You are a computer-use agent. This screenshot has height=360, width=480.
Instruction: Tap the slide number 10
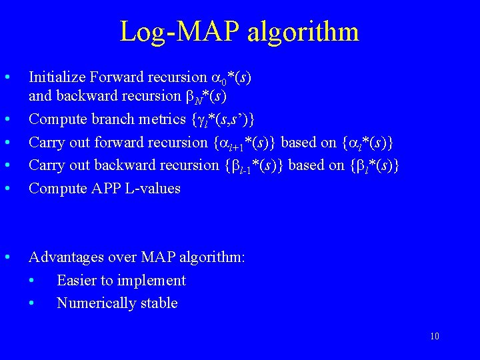click(x=435, y=336)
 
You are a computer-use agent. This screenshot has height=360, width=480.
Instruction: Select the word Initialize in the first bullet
click(x=55, y=77)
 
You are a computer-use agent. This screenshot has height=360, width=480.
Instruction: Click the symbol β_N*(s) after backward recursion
click(x=205, y=96)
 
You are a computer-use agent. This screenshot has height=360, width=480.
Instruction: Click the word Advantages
click(x=65, y=257)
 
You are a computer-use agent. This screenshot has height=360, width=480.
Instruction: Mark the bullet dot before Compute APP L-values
click(x=7, y=188)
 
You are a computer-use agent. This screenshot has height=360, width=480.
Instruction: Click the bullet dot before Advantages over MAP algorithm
click(x=7, y=257)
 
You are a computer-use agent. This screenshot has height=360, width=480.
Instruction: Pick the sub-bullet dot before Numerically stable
click(x=33, y=303)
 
